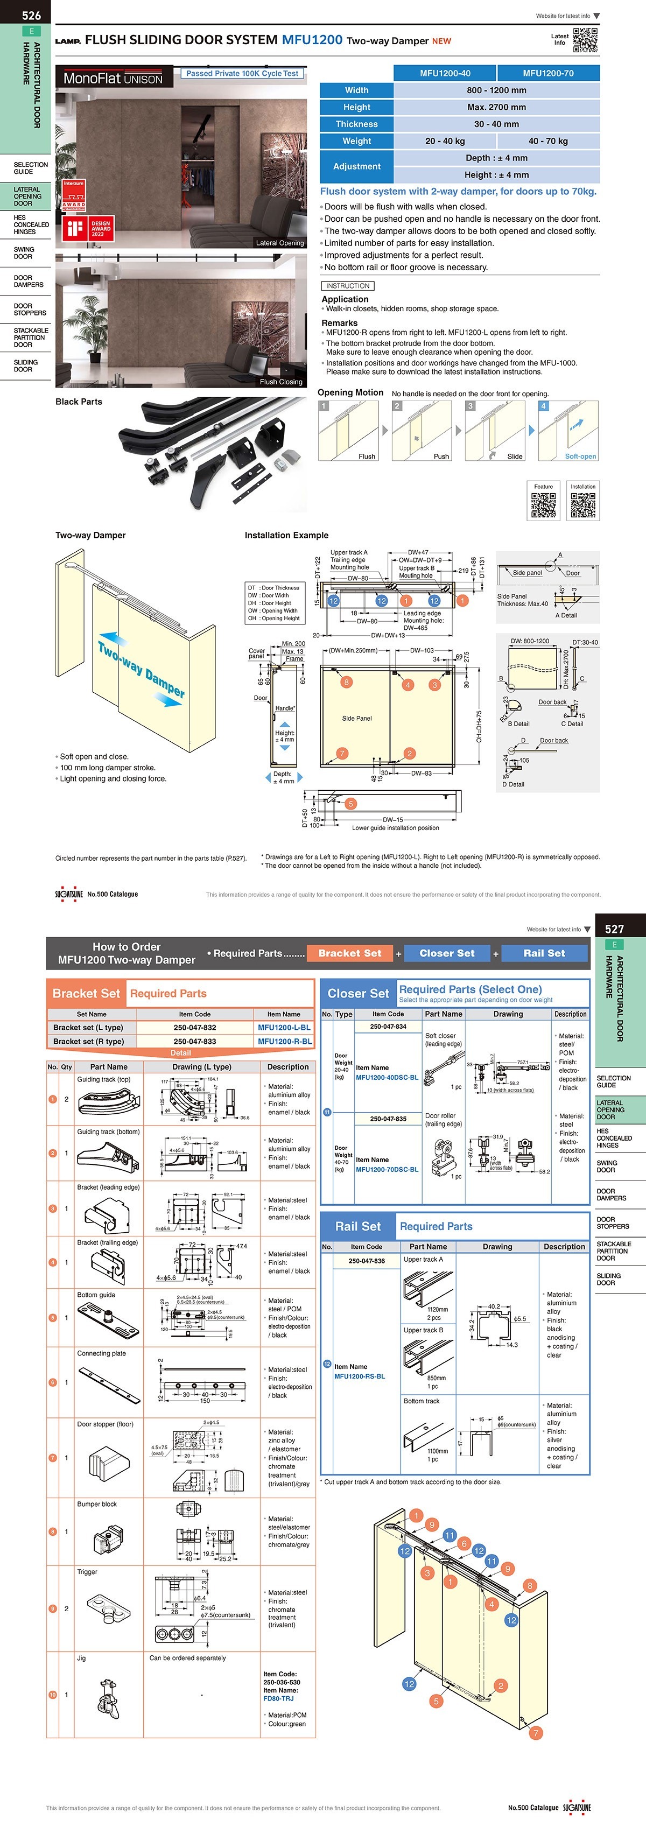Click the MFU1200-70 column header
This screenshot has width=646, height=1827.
point(547,73)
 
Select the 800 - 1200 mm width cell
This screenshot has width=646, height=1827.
point(496,90)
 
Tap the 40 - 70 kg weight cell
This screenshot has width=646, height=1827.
point(547,141)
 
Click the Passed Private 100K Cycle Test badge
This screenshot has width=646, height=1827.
point(242,73)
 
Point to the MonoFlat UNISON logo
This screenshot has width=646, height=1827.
point(114,79)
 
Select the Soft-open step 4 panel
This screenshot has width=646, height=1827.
point(568,431)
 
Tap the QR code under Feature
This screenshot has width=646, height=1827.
point(543,505)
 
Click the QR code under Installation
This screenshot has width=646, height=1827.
point(583,505)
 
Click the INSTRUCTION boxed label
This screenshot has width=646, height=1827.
point(347,286)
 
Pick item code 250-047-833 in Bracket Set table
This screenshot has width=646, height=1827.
point(194,1041)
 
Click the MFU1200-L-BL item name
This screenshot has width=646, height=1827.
point(284,1027)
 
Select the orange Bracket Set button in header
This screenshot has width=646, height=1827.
point(349,953)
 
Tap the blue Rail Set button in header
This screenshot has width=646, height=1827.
point(544,953)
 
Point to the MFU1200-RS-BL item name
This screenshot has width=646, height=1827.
point(360,1376)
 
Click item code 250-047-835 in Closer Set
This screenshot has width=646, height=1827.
point(388,1119)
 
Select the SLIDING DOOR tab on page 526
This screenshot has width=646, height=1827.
point(25,366)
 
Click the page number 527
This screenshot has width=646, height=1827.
point(614,929)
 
